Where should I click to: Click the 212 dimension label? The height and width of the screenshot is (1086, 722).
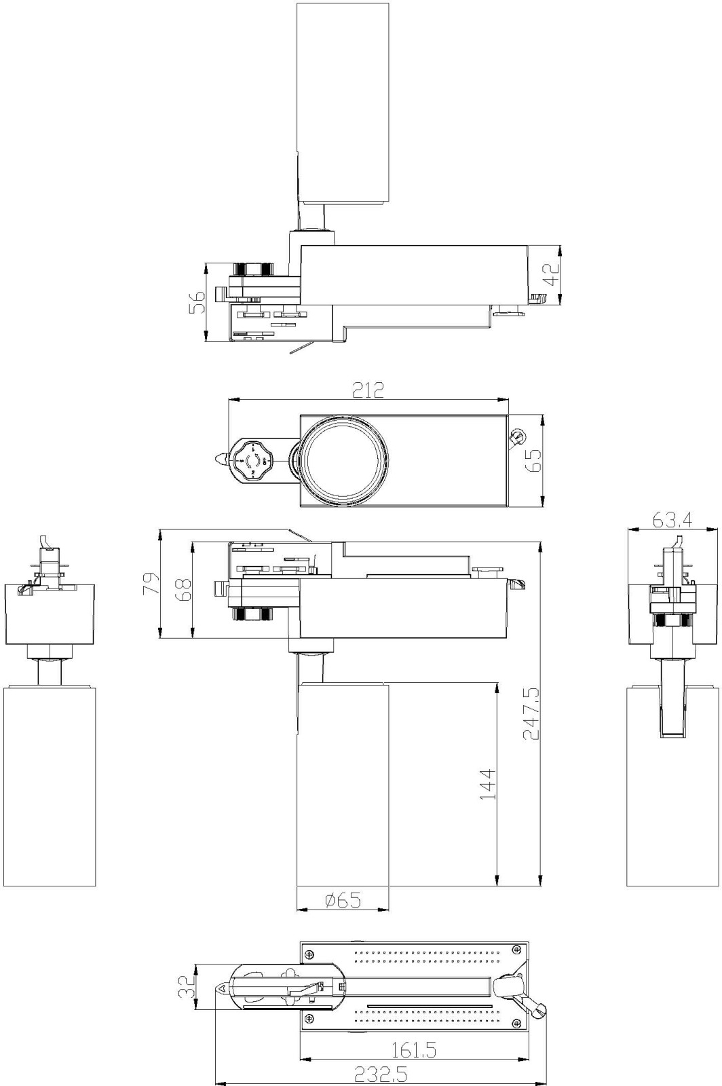[x=368, y=390]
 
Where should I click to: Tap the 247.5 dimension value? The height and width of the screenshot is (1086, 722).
[x=531, y=713]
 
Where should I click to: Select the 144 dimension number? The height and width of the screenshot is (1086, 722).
[x=489, y=783]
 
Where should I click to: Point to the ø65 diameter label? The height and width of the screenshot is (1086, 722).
[x=343, y=900]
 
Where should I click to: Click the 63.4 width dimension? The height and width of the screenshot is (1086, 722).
[x=672, y=520]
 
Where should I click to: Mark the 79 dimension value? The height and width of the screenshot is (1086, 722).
[x=151, y=583]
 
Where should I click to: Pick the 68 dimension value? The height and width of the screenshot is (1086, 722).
[x=184, y=589]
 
